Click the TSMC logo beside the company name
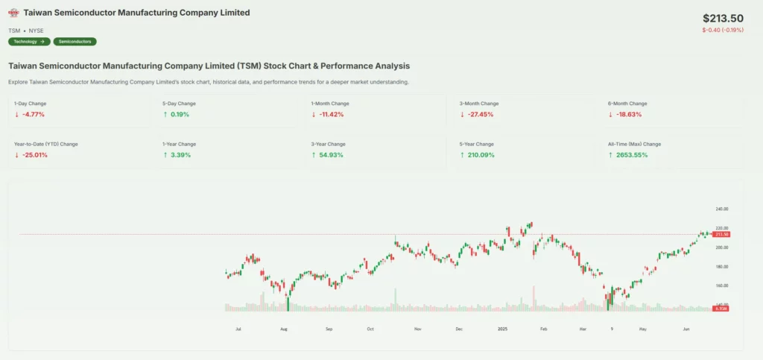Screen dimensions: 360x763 point(13,13)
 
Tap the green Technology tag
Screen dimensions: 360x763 point(30,42)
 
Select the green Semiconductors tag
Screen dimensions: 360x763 point(75,42)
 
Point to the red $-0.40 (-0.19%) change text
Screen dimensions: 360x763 point(724,31)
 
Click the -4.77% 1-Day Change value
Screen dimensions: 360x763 point(31,115)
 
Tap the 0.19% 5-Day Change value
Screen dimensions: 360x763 point(179,115)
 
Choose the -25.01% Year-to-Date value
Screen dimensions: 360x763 point(32,155)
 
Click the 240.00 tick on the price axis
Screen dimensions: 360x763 point(721,209)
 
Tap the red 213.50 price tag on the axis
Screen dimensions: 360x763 point(721,235)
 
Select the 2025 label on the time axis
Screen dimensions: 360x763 point(503,328)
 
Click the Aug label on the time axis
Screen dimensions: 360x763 point(283,328)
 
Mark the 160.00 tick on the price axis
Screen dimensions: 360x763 point(721,285)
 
